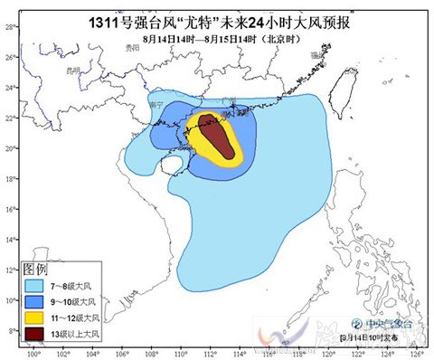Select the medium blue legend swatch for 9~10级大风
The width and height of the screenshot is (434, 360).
[37, 302]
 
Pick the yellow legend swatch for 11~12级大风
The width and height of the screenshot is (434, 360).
[37, 319]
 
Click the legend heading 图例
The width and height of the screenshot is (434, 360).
[35, 269]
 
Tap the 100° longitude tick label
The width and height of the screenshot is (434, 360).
[33, 354]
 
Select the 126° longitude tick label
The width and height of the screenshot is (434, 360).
[414, 354]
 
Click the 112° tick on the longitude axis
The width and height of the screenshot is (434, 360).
[209, 354]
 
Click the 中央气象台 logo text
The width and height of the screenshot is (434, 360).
[372, 323]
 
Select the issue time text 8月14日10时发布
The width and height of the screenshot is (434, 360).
[374, 338]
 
